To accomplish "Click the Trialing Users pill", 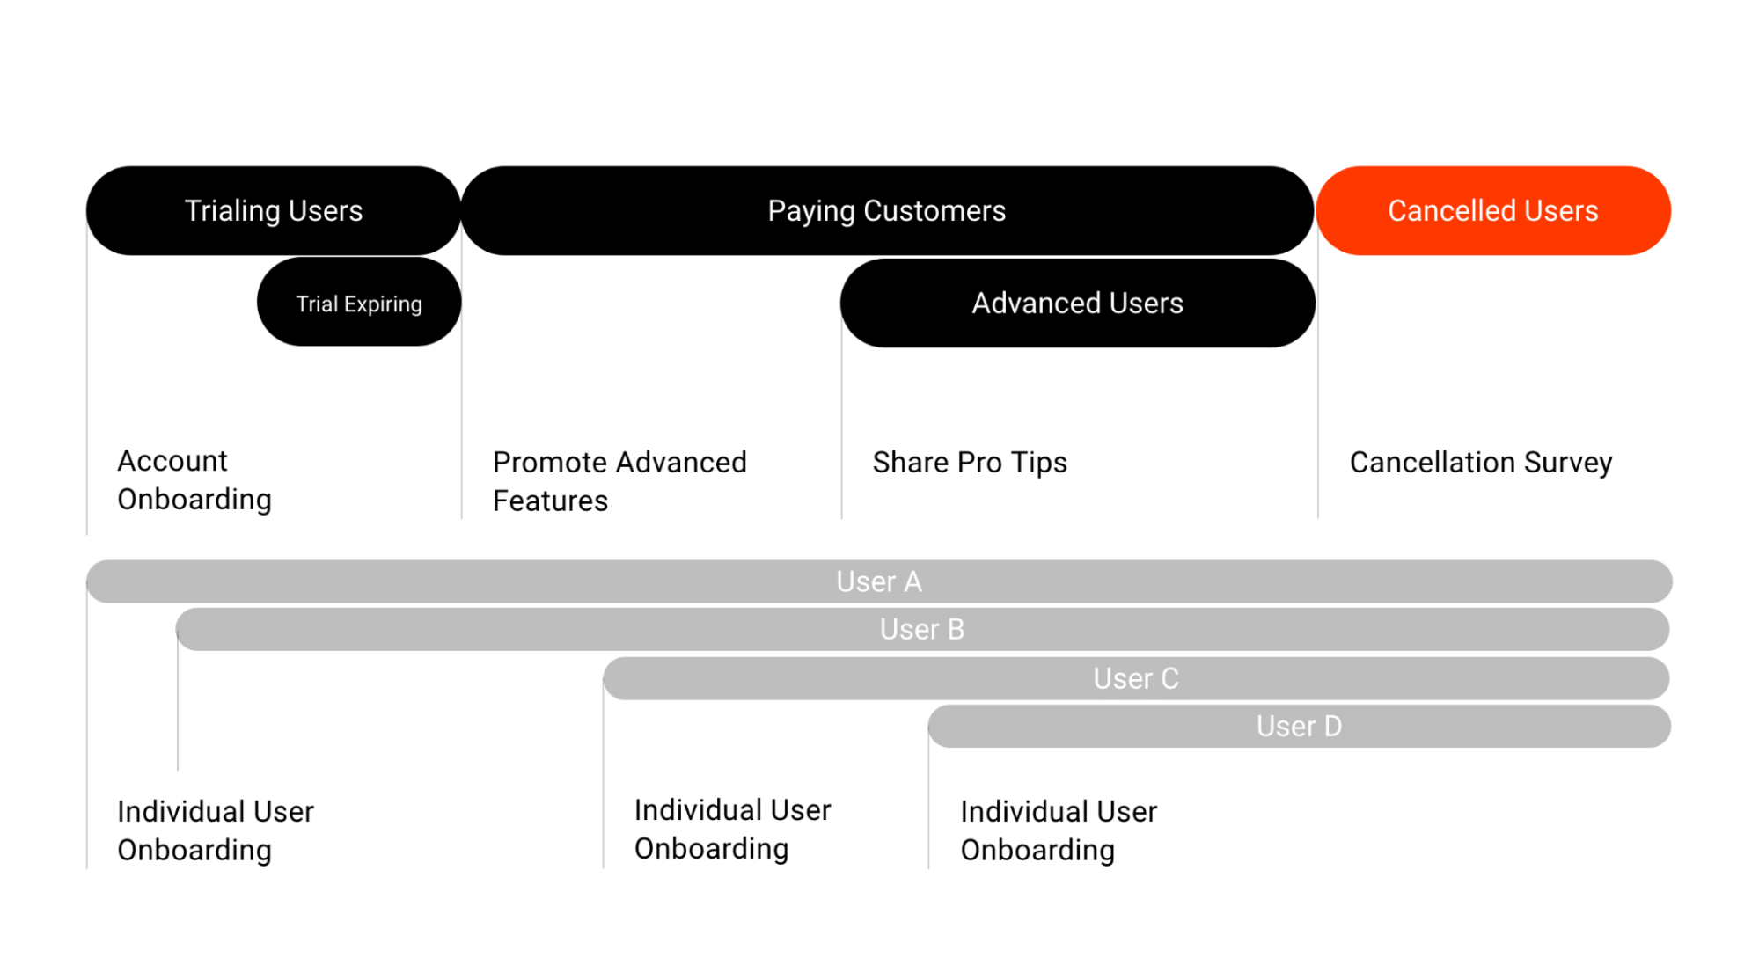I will (273, 211).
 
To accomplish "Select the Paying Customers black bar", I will (886, 211).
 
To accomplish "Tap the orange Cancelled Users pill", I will (1492, 211).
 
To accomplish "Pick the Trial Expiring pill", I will (359, 304).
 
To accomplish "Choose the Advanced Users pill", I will (1077, 304).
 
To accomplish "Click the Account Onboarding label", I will (194, 480).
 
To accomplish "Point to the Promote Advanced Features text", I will (619, 481).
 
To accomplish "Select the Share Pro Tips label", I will (970, 463).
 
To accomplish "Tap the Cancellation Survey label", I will (1481, 463).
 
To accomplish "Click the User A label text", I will (879, 582).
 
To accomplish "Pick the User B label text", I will (922, 630).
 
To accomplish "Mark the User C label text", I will (1136, 679).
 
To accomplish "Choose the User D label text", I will (1299, 727).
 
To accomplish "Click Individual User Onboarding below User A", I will (215, 830).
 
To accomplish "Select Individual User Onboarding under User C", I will (732, 829).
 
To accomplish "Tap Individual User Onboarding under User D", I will (1059, 830).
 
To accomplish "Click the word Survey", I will (1568, 463).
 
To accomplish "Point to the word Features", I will (550, 501).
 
